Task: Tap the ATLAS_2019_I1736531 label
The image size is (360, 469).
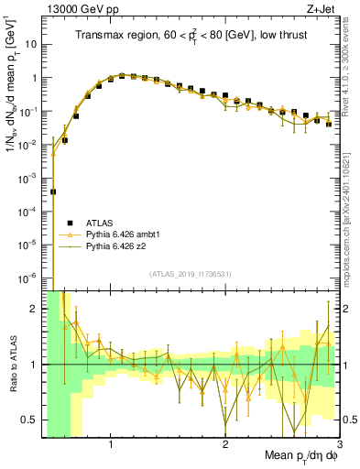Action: [x=191, y=275]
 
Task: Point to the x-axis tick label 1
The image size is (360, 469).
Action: [x=111, y=445]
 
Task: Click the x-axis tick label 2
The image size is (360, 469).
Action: [x=225, y=445]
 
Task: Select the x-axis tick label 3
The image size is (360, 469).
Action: [x=339, y=445]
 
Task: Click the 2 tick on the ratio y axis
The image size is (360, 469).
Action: [x=37, y=309]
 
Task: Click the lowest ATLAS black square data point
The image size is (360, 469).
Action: [x=53, y=191]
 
